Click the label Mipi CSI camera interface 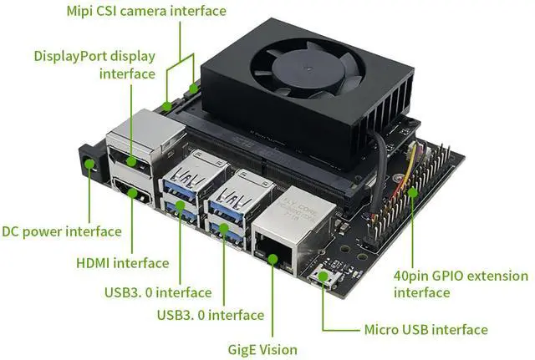(145, 11)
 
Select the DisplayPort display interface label (94, 64)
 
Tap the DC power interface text (61, 231)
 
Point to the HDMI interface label (123, 263)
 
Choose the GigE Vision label (262, 349)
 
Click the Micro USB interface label (425, 329)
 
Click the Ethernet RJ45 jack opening (273, 248)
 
